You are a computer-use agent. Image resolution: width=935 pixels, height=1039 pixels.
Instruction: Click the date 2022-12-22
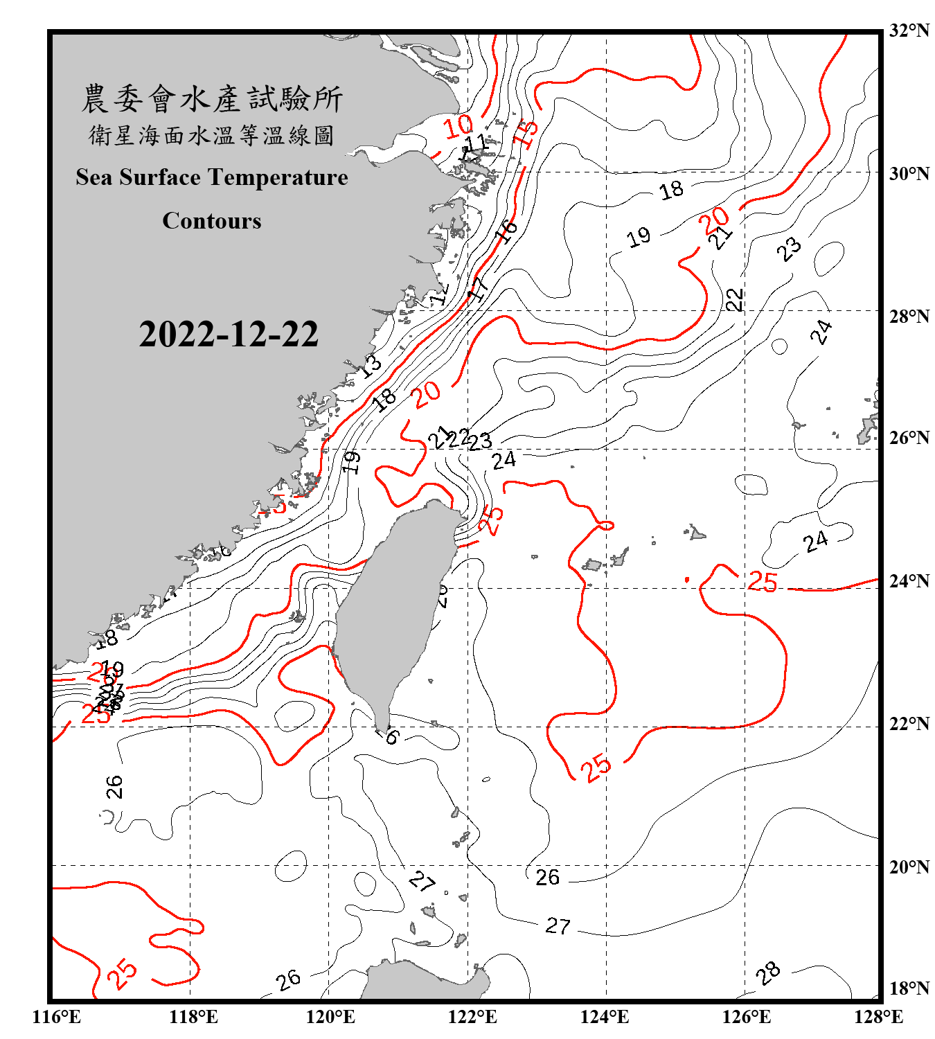229,334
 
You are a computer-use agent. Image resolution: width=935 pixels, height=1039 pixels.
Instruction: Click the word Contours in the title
212,221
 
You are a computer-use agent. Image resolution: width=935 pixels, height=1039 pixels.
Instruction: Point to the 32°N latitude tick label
909,30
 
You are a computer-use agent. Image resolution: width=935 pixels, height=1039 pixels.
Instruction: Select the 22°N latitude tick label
909,724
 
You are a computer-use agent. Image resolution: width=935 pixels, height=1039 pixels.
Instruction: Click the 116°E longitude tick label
57,1017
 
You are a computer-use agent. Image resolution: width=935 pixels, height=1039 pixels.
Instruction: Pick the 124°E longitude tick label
605,1017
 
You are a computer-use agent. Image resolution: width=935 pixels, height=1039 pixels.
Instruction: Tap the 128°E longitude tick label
878,1017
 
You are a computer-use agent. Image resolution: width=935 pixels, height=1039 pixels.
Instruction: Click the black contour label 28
768,973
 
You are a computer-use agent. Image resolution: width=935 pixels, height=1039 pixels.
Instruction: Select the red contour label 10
458,127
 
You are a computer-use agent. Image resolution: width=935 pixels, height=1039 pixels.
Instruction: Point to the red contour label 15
526,134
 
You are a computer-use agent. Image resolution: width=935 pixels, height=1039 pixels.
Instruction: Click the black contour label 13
371,365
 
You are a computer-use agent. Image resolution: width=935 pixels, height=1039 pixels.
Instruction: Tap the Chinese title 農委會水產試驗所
212,99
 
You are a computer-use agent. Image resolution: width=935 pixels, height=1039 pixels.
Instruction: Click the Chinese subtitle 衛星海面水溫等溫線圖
212,136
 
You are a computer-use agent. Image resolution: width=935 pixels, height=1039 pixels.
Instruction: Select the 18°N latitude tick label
909,988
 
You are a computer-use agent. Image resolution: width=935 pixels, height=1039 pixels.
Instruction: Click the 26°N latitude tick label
909,438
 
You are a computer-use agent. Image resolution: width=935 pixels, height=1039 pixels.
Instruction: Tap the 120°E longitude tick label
330,1017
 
